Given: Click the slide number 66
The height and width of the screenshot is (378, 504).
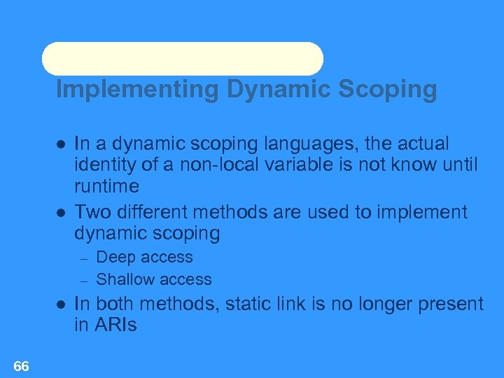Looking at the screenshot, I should click(x=21, y=366).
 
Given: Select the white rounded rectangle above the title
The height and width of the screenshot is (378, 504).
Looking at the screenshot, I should click(x=183, y=59).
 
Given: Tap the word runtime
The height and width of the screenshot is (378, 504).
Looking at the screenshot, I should click(x=106, y=187).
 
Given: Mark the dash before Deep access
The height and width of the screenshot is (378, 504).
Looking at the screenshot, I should click(x=82, y=258).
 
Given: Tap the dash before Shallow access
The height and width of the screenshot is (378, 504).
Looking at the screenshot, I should click(x=82, y=280).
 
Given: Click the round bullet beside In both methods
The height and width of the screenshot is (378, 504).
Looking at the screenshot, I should click(x=61, y=304).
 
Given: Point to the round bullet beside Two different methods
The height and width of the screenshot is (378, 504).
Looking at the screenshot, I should click(x=61, y=212).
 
